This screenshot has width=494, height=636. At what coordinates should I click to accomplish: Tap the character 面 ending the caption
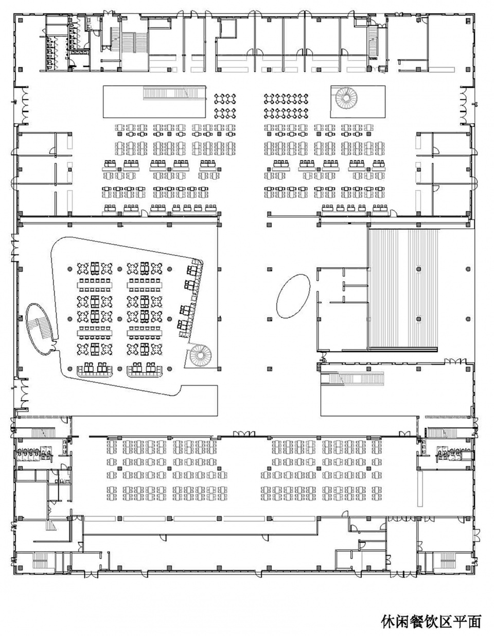point(474,620)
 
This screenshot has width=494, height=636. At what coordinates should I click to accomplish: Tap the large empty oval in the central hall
point(293,296)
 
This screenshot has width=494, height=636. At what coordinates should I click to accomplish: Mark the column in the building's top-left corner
point(21,20)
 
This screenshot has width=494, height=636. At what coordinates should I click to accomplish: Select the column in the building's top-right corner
point(469,20)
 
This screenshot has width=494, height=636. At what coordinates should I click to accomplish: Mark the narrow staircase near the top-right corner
point(373,41)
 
